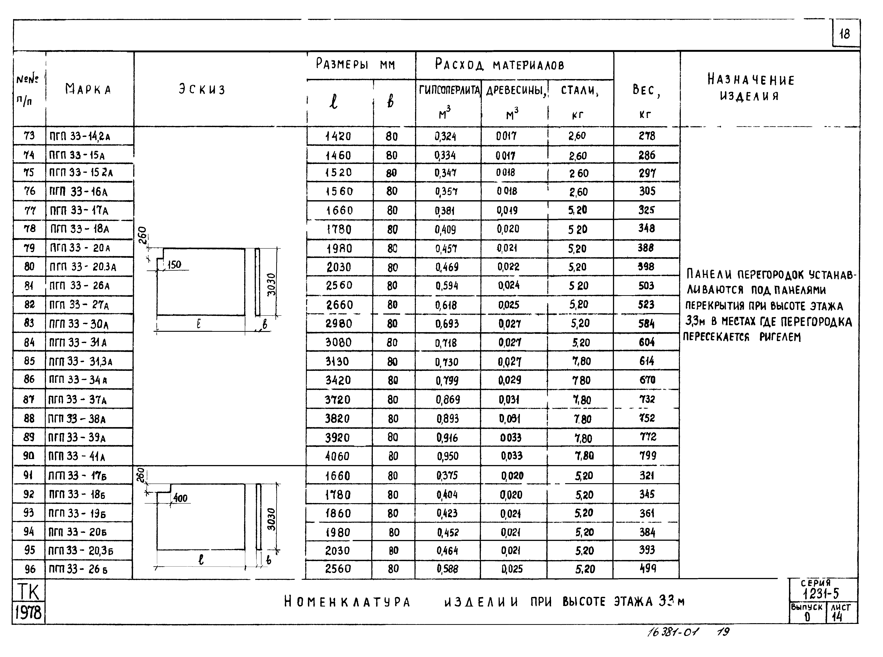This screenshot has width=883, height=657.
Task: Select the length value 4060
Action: [338, 456]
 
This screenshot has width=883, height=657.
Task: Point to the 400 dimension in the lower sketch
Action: [180, 498]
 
